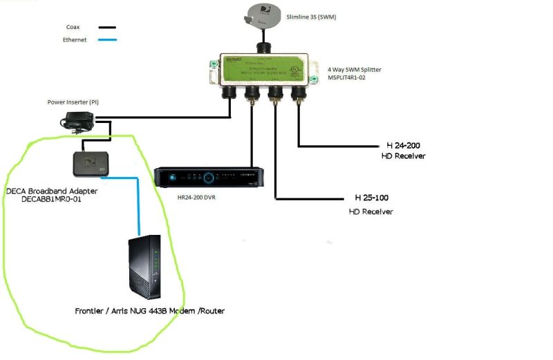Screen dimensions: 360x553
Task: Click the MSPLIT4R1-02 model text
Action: click(354, 79)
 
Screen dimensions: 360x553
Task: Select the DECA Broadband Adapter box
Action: click(92, 164)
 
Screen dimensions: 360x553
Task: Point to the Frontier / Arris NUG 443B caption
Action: click(149, 311)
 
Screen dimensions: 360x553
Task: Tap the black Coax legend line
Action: click(107, 28)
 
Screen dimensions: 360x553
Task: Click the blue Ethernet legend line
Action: click(107, 40)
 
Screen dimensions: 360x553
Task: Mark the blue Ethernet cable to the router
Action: click(139, 207)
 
